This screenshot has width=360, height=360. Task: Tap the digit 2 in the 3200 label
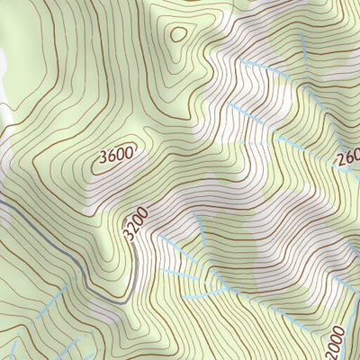tap(131, 233)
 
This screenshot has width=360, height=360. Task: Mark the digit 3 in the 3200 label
tap(129, 241)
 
